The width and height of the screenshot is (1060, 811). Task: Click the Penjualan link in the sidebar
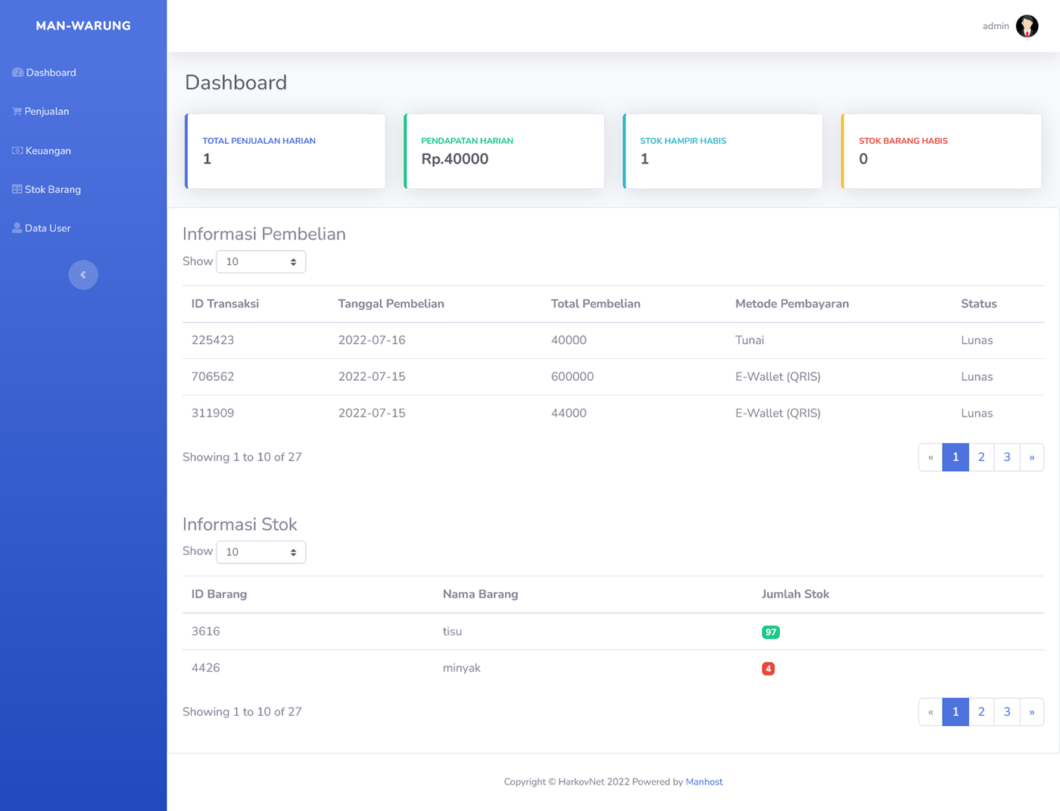pos(41,111)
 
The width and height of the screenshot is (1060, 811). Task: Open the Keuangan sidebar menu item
pos(42,151)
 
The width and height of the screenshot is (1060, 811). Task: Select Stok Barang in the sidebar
pos(46,189)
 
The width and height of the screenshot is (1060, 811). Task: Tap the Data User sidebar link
pos(42,228)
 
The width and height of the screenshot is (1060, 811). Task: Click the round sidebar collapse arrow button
pos(83,275)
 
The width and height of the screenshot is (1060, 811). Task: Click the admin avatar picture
pos(1027,26)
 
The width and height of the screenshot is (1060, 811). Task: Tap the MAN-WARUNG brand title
pos(83,26)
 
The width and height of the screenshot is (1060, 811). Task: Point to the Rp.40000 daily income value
pos(454,159)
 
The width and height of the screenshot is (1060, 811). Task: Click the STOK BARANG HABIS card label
pos(903,141)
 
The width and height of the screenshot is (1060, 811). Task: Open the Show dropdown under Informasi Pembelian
pos(260,262)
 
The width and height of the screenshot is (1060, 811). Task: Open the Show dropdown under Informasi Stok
pos(260,552)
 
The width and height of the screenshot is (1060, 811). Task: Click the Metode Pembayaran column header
pos(792,304)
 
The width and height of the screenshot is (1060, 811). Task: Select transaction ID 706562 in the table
pos(213,377)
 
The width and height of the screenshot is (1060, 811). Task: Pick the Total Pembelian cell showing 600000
pos(572,377)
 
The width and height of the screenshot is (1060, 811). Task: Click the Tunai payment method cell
pos(750,340)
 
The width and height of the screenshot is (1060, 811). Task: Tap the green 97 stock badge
pos(771,632)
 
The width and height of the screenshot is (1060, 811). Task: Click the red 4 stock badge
pos(768,669)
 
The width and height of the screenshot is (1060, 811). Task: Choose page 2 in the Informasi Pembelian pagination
pos(981,457)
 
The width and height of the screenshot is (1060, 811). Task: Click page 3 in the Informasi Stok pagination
pos(1007,712)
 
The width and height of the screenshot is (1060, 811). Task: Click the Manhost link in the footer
pos(703,781)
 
